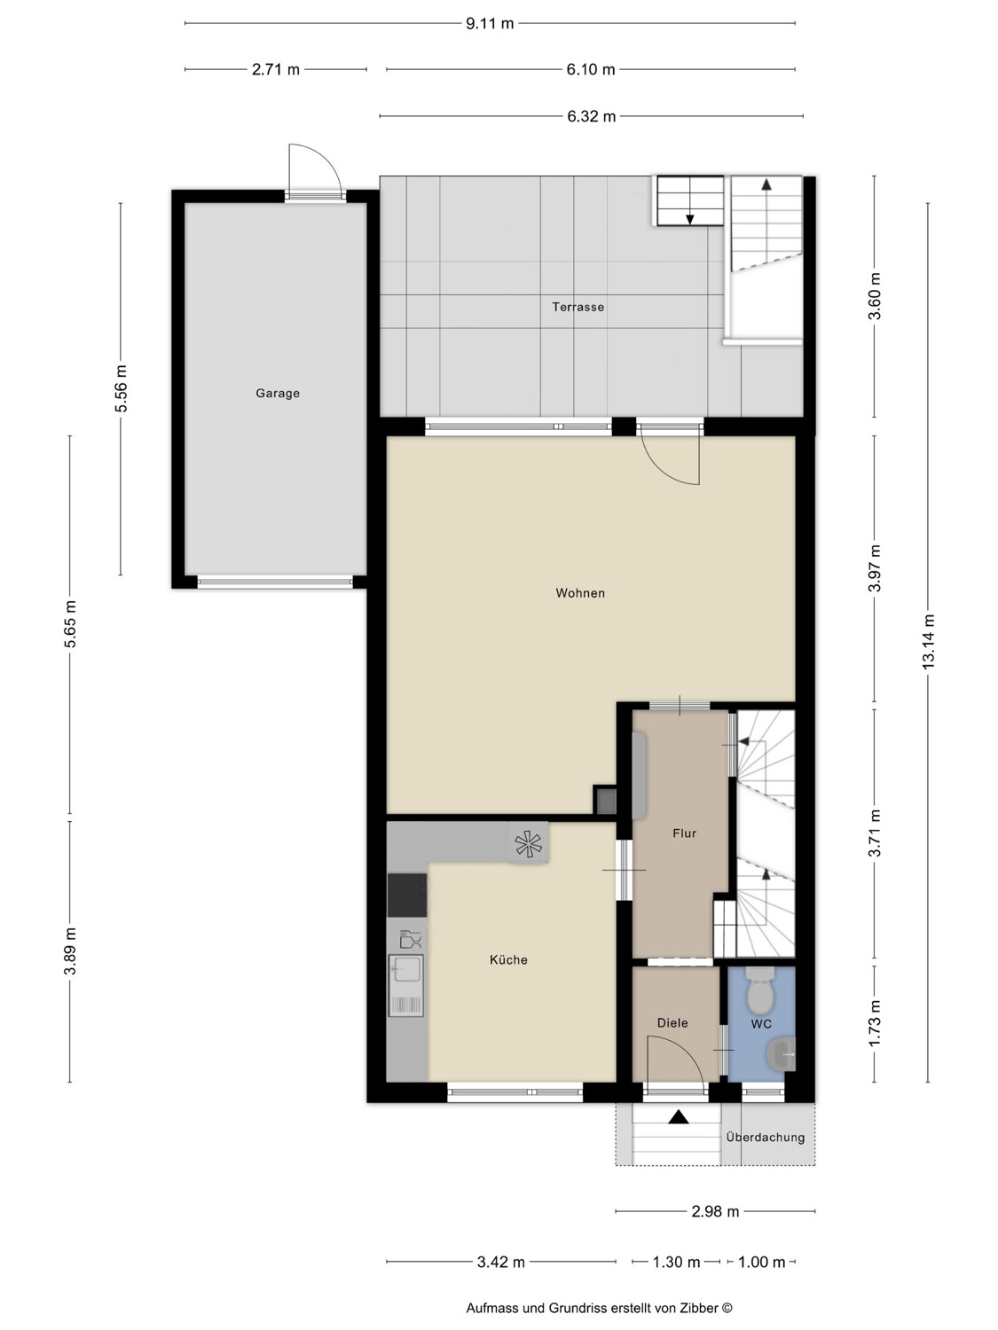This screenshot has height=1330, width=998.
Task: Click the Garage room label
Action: pyautogui.click(x=278, y=394)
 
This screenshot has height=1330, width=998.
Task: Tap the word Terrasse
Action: pyautogui.click(x=578, y=307)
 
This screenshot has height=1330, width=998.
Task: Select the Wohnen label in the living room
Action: pyautogui.click(x=580, y=593)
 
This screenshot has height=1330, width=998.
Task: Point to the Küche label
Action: pyautogui.click(x=508, y=959)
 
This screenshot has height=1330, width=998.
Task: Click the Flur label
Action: pyautogui.click(x=684, y=833)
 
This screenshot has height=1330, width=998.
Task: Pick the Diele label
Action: pyautogui.click(x=672, y=1023)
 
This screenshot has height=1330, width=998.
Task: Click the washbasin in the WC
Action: pyautogui.click(x=782, y=1053)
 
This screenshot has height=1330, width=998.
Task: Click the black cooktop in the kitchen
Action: pyautogui.click(x=407, y=895)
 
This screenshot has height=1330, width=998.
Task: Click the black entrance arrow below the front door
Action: pyautogui.click(x=678, y=1116)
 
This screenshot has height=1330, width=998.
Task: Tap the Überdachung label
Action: pyautogui.click(x=766, y=1138)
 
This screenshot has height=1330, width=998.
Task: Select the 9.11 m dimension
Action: pyautogui.click(x=490, y=24)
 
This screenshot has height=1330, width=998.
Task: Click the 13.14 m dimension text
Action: pyautogui.click(x=928, y=642)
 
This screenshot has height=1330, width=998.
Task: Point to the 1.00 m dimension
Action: pyautogui.click(x=761, y=1262)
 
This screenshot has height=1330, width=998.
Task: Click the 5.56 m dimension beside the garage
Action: pyautogui.click(x=121, y=388)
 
